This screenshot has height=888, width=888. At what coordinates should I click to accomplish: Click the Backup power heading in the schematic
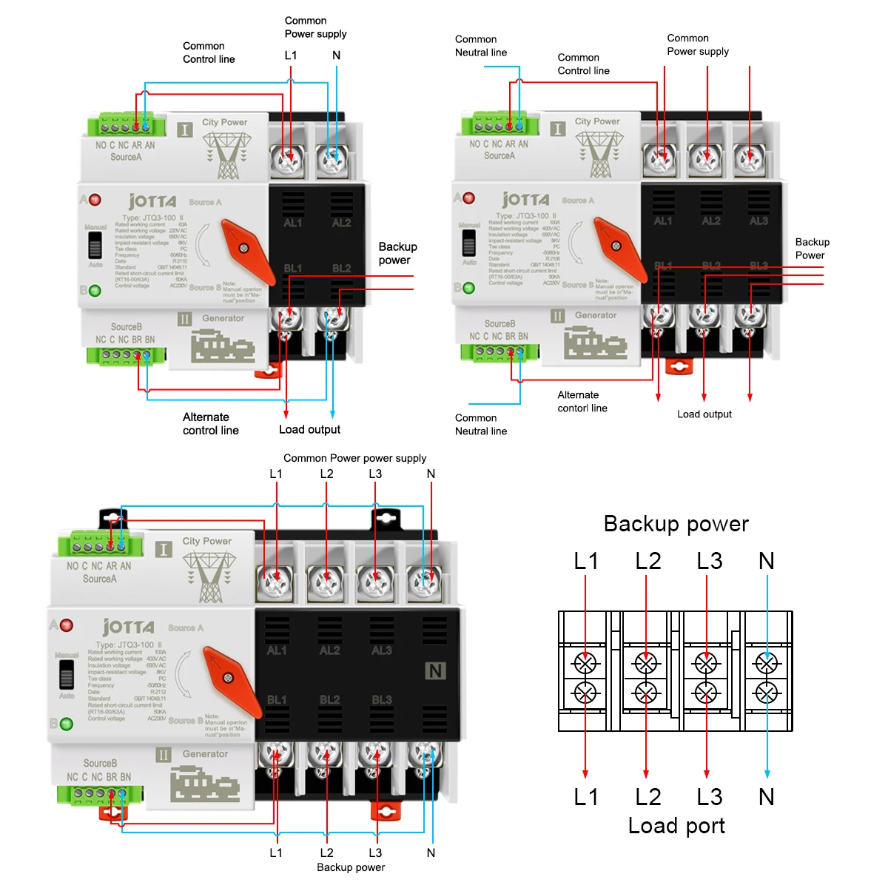[x=676, y=524]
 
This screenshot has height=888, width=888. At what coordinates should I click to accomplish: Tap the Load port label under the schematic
[x=676, y=826]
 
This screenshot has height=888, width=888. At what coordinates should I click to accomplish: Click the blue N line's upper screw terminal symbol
[x=767, y=663]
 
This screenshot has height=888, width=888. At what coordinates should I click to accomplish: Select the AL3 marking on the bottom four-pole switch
[x=382, y=650]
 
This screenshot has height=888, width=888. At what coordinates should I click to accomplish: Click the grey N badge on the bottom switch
[x=435, y=670]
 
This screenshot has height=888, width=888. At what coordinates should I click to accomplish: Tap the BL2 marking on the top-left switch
[x=341, y=268]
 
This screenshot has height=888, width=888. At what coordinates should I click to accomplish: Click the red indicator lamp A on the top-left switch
[x=95, y=200]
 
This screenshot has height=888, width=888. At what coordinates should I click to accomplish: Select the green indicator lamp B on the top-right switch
[x=468, y=288]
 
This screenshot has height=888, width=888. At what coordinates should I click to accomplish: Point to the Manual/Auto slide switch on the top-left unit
[x=95, y=244]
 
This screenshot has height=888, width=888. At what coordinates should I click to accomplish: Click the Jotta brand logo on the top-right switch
[x=525, y=199]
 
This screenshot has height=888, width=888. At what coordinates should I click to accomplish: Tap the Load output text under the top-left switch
[x=309, y=429]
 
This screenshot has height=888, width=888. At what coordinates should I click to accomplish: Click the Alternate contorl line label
[x=582, y=401]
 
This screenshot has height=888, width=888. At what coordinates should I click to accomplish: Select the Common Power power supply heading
[x=354, y=458]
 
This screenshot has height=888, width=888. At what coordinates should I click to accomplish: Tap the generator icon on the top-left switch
[x=223, y=346]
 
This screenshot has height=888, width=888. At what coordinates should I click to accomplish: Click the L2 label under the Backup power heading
[x=647, y=561]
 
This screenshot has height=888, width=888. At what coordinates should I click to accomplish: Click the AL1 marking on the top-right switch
[x=663, y=221]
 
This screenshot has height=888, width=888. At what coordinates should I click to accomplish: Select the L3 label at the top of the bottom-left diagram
[x=375, y=474]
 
